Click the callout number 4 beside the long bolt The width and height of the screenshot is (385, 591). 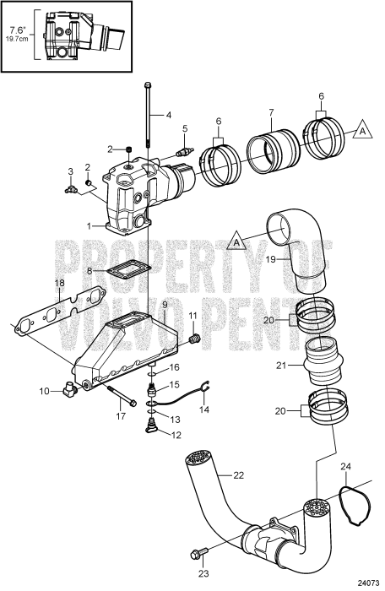pyautogui.click(x=168, y=115)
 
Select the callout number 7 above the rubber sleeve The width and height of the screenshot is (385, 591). pyautogui.click(x=270, y=112)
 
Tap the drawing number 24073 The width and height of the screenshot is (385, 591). pyautogui.click(x=368, y=583)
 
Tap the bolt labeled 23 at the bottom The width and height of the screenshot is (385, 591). pyautogui.click(x=200, y=554)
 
